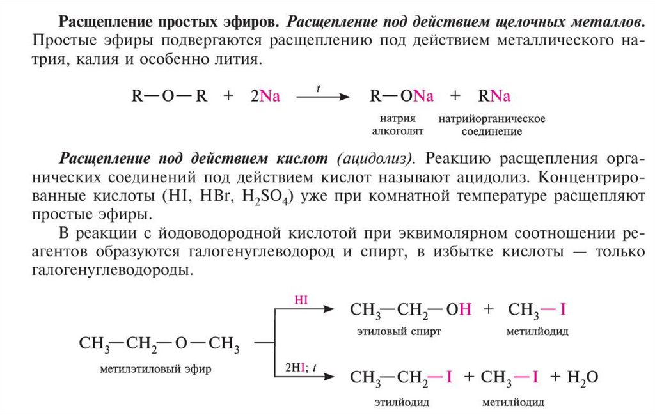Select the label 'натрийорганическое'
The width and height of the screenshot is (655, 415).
pos(491,120)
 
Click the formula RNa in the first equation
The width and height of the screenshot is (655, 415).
pos(494,97)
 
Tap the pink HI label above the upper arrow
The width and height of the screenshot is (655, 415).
pos(301,299)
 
